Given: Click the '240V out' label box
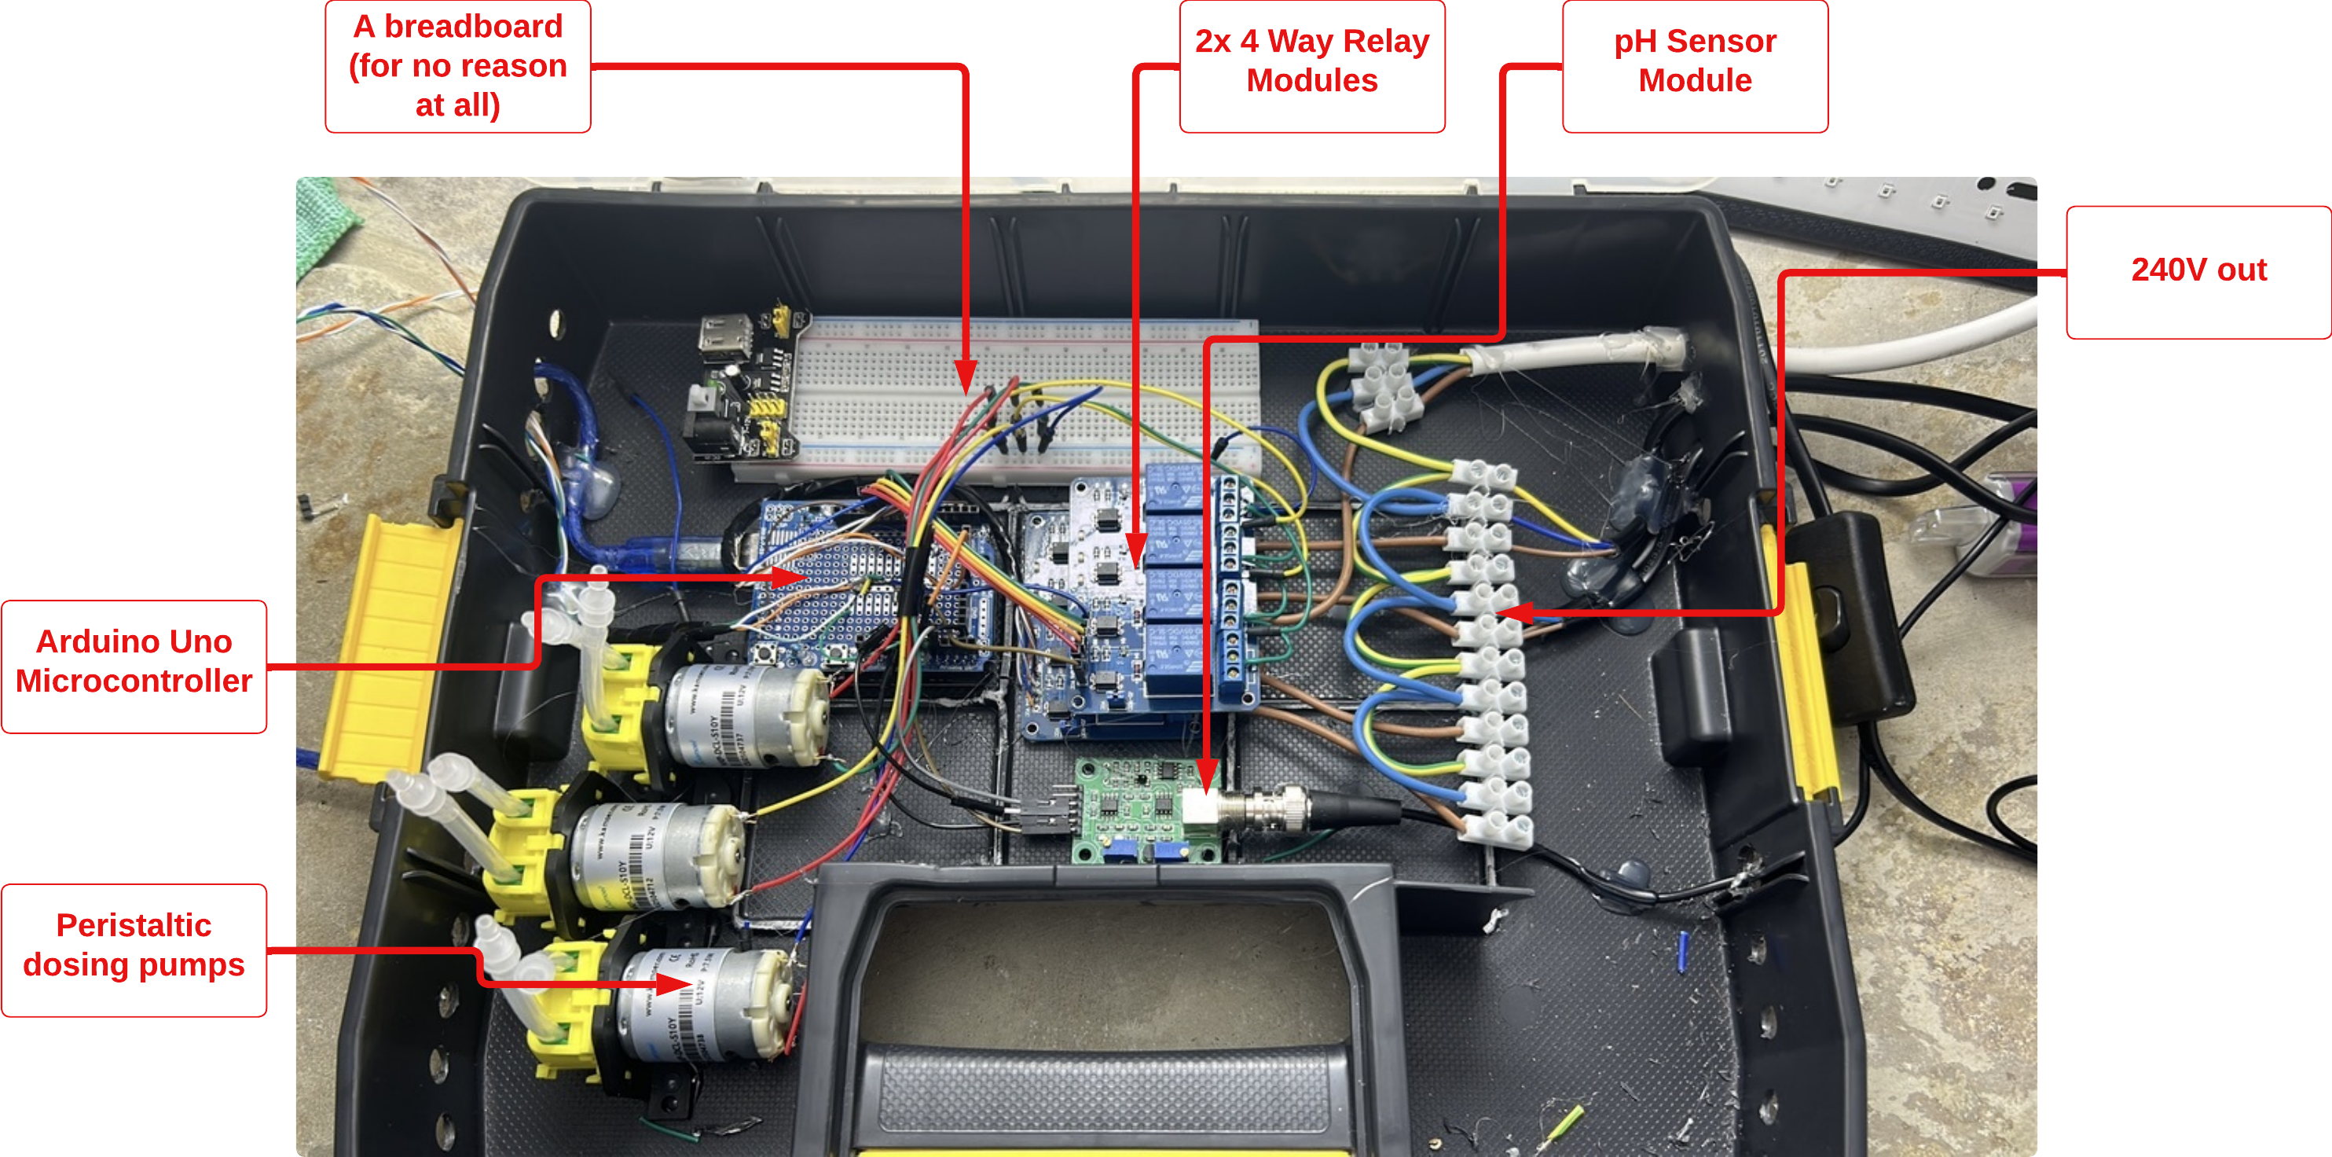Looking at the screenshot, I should [x=2198, y=272].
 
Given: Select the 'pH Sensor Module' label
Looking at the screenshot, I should [x=1694, y=65].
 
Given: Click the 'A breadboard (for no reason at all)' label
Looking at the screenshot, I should [x=457, y=65].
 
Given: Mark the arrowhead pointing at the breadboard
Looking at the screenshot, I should [x=966, y=376].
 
